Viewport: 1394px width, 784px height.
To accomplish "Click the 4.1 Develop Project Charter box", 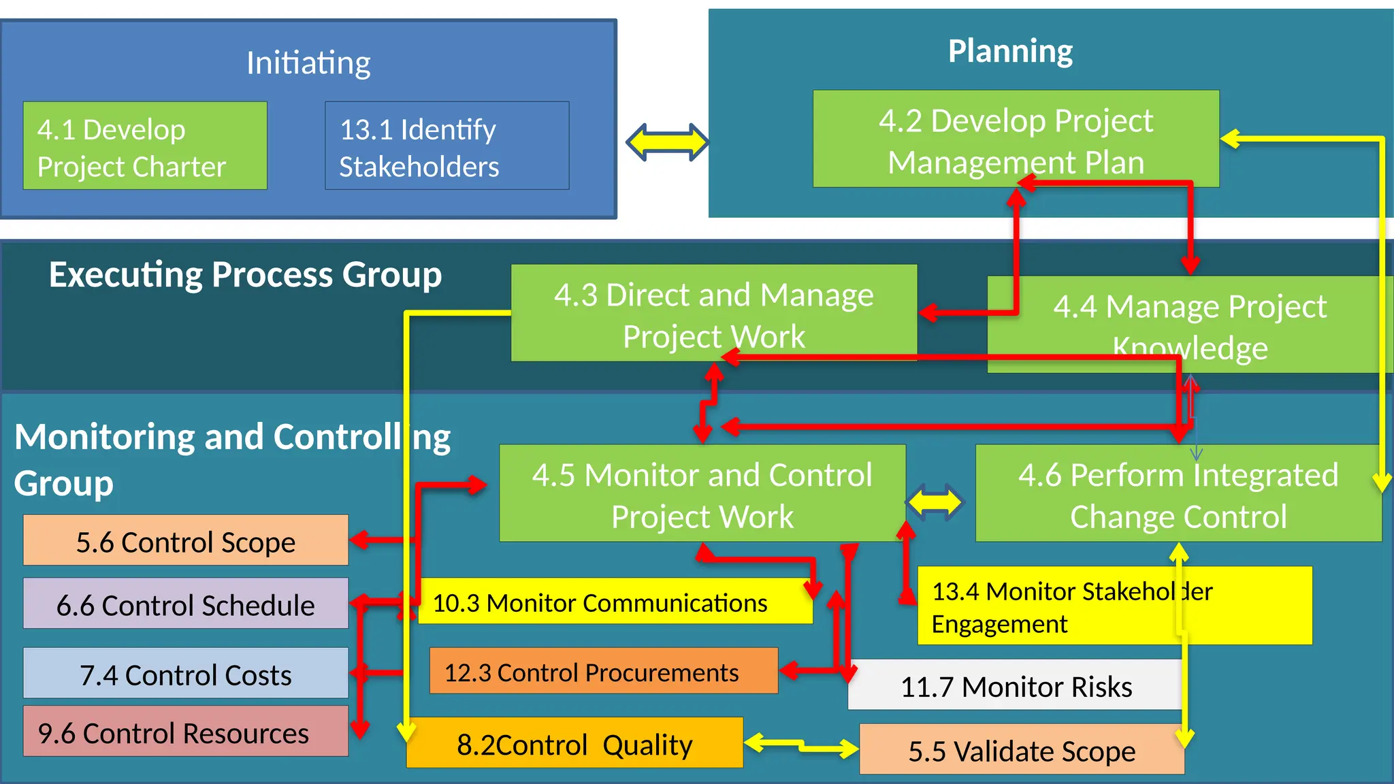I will point(145,146).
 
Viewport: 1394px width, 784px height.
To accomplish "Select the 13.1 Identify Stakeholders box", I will point(447,146).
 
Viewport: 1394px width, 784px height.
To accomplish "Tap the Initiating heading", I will point(308,63).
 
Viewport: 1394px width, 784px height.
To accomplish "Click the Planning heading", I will point(1010,51).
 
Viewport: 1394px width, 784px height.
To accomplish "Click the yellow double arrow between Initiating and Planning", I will point(667,142).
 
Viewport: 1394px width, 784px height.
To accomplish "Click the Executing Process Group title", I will point(245,275).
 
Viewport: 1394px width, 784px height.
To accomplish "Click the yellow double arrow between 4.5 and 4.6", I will point(935,503).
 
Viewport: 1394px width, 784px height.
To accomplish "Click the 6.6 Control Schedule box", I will point(185,604).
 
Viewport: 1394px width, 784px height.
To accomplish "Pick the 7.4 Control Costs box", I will point(185,673).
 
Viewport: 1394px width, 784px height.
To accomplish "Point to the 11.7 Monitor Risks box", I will point(1014,685).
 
